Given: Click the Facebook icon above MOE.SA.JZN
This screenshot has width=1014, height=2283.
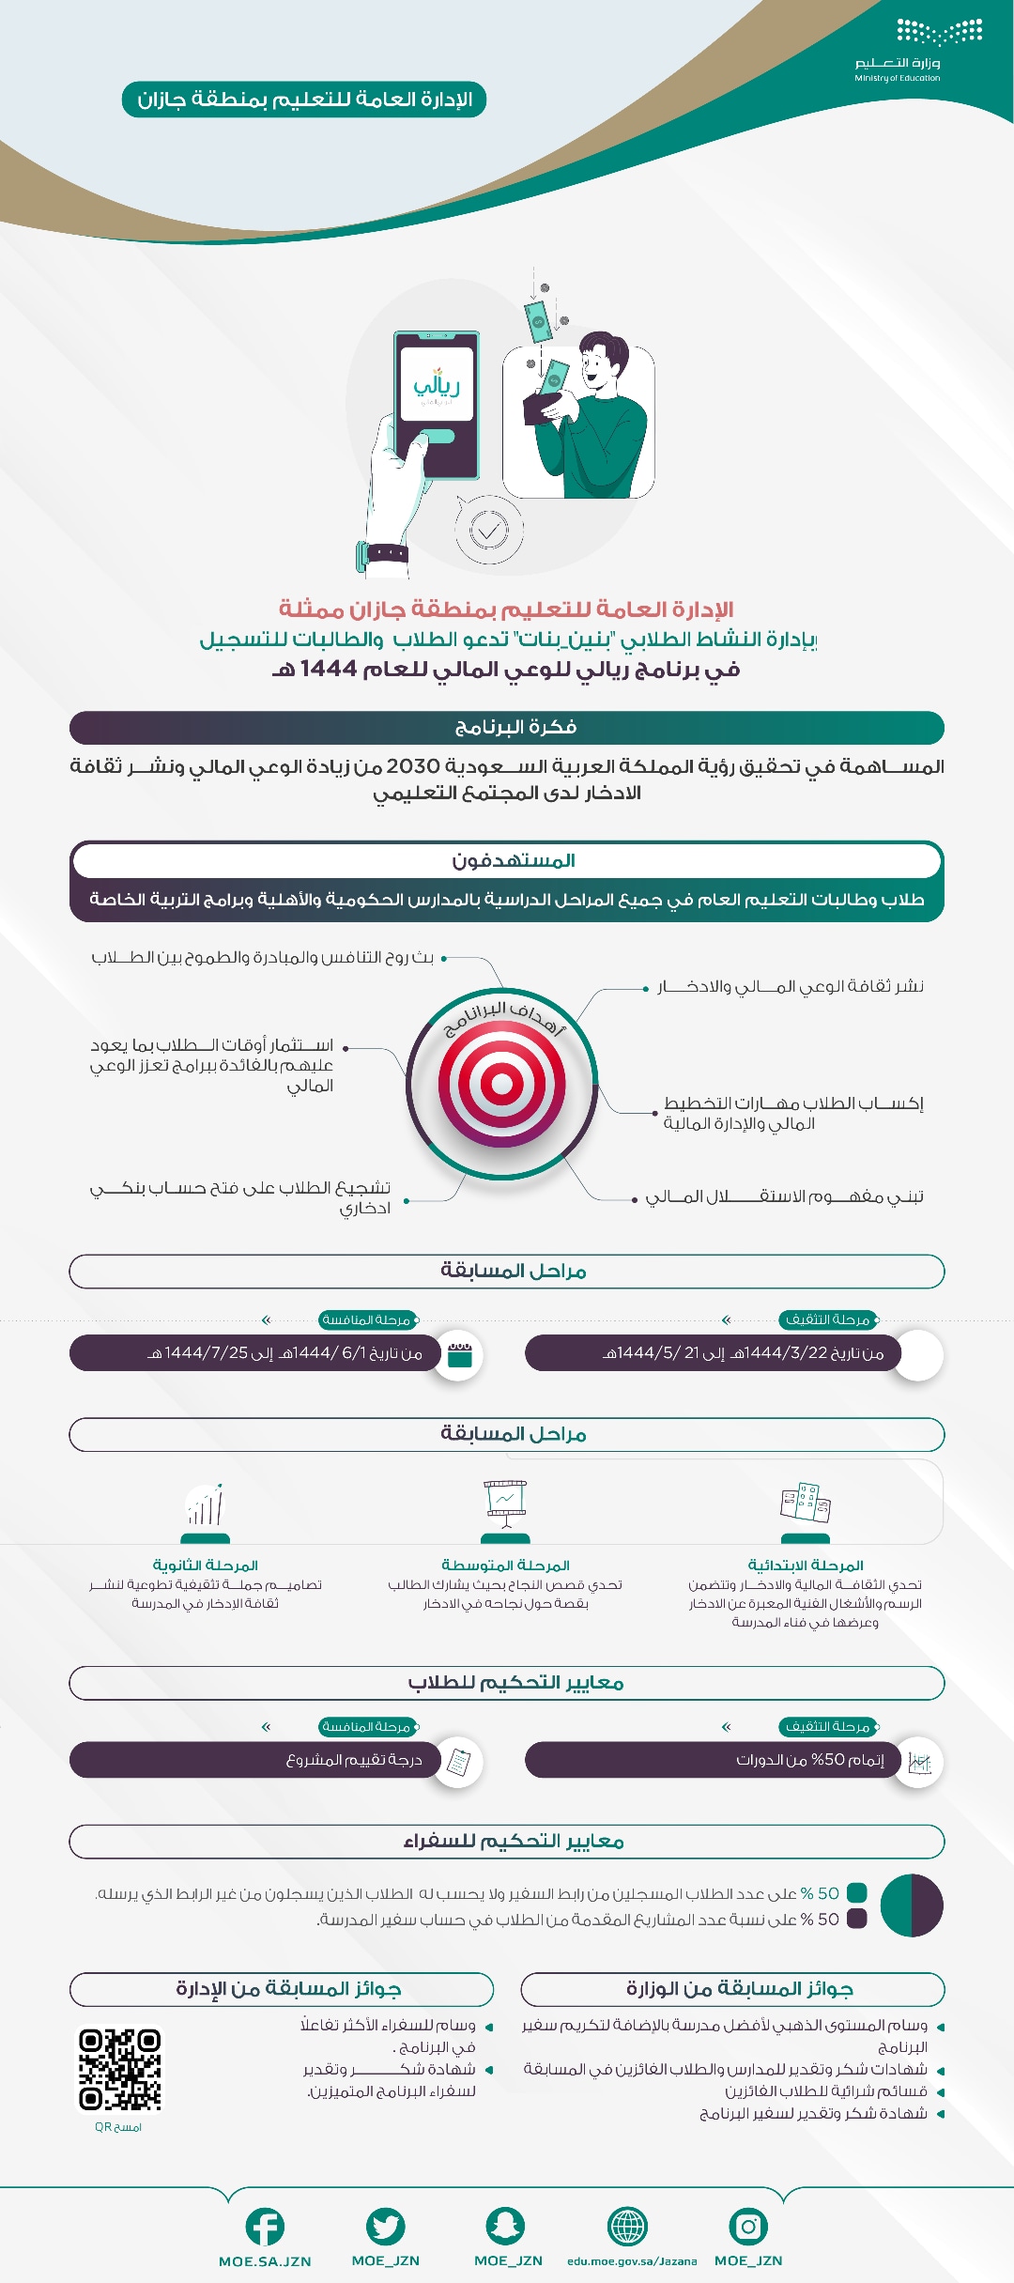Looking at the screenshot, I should click(265, 2227).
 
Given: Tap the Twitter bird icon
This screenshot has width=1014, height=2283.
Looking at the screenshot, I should click(385, 2227).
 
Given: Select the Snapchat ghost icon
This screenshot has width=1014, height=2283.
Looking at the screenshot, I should click(505, 2226).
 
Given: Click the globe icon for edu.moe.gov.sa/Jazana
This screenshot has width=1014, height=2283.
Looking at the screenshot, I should click(627, 2226).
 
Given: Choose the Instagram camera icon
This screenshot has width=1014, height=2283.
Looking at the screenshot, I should click(748, 2226).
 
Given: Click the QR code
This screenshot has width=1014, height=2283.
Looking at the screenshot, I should click(119, 2069).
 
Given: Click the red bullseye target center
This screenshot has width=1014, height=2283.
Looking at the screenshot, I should click(502, 1084).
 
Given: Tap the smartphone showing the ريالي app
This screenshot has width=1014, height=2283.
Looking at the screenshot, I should click(437, 404).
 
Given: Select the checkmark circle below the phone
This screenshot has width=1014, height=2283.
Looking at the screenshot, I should click(488, 531).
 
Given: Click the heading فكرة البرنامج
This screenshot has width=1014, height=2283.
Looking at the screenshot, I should click(515, 727).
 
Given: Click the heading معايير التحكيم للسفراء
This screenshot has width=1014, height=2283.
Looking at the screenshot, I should click(514, 1842).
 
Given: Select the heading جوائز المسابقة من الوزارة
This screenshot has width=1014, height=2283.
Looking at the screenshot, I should click(739, 1989).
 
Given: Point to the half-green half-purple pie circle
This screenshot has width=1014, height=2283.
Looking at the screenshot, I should click(912, 1905).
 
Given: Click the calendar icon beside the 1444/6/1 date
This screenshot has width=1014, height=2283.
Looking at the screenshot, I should click(459, 1355).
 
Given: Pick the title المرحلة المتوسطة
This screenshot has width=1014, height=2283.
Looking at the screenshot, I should click(505, 1566).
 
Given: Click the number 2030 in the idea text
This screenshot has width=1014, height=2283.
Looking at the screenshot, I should click(413, 766).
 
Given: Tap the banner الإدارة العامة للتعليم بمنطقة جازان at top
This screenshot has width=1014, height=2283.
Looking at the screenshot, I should click(304, 100).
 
